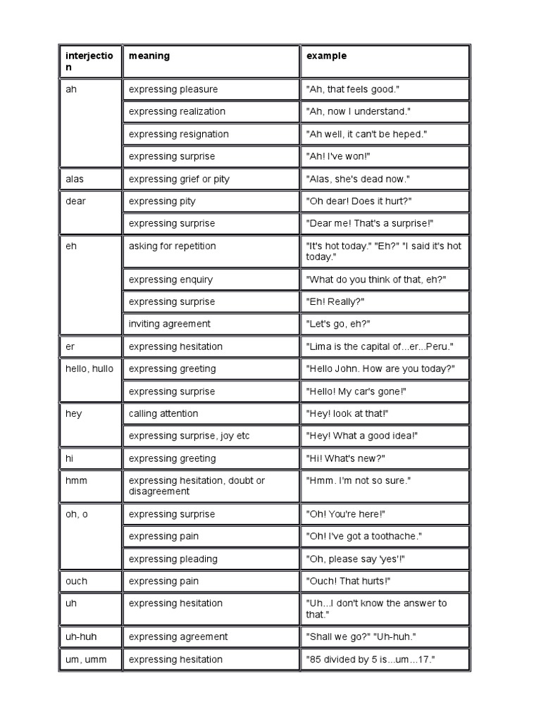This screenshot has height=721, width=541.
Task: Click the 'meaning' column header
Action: click(x=149, y=56)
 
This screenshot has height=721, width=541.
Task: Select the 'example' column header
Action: click(x=326, y=56)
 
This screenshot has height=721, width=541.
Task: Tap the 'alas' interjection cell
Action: click(x=75, y=179)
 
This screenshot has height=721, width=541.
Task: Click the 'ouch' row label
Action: click(x=77, y=581)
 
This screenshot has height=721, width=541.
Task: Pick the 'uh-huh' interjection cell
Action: click(x=81, y=637)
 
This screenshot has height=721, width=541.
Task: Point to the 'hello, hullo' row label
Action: click(x=89, y=368)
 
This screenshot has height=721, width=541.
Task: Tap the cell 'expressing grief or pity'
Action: click(x=179, y=179)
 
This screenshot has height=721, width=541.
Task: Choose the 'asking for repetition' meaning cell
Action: click(x=172, y=246)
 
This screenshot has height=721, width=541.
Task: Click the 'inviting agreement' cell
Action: click(x=169, y=324)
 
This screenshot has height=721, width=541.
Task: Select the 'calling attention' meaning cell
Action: click(x=163, y=413)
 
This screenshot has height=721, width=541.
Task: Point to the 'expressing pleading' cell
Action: click(x=173, y=558)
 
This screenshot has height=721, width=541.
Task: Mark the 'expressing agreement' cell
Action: click(x=178, y=637)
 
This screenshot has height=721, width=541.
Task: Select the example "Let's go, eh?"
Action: click(x=338, y=324)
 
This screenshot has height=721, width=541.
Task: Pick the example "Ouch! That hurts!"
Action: click(x=348, y=581)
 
